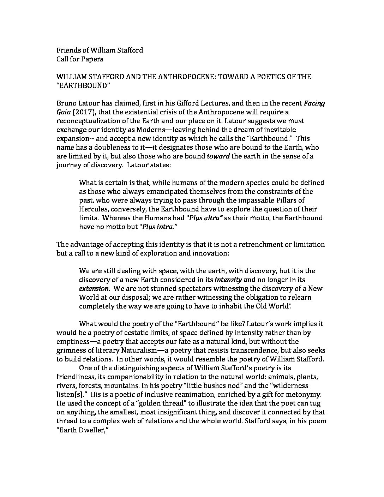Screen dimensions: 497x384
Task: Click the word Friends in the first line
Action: coord(67,50)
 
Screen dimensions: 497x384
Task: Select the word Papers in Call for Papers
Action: coord(92,59)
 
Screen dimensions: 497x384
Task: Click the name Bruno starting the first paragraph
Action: coord(66,103)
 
